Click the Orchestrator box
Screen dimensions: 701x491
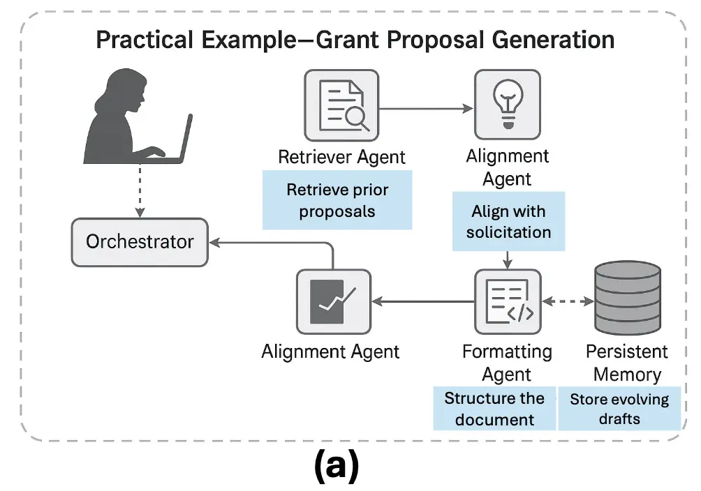[140, 242]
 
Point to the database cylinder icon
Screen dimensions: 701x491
[628, 298]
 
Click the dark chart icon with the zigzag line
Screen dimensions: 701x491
[333, 301]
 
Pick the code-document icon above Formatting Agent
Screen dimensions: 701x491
[509, 301]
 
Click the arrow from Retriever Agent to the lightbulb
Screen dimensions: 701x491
[426, 109]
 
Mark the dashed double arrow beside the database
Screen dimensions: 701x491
[568, 301]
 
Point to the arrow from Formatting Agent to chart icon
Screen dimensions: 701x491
[423, 301]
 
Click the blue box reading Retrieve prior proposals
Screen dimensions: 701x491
[337, 199]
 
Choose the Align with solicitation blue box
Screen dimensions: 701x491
[509, 221]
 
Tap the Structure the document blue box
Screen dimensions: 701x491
[494, 408]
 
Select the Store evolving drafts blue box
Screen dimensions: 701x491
[619, 408]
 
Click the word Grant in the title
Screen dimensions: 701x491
[348, 40]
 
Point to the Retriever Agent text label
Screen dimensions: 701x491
[341, 157]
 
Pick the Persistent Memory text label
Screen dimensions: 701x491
[627, 363]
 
